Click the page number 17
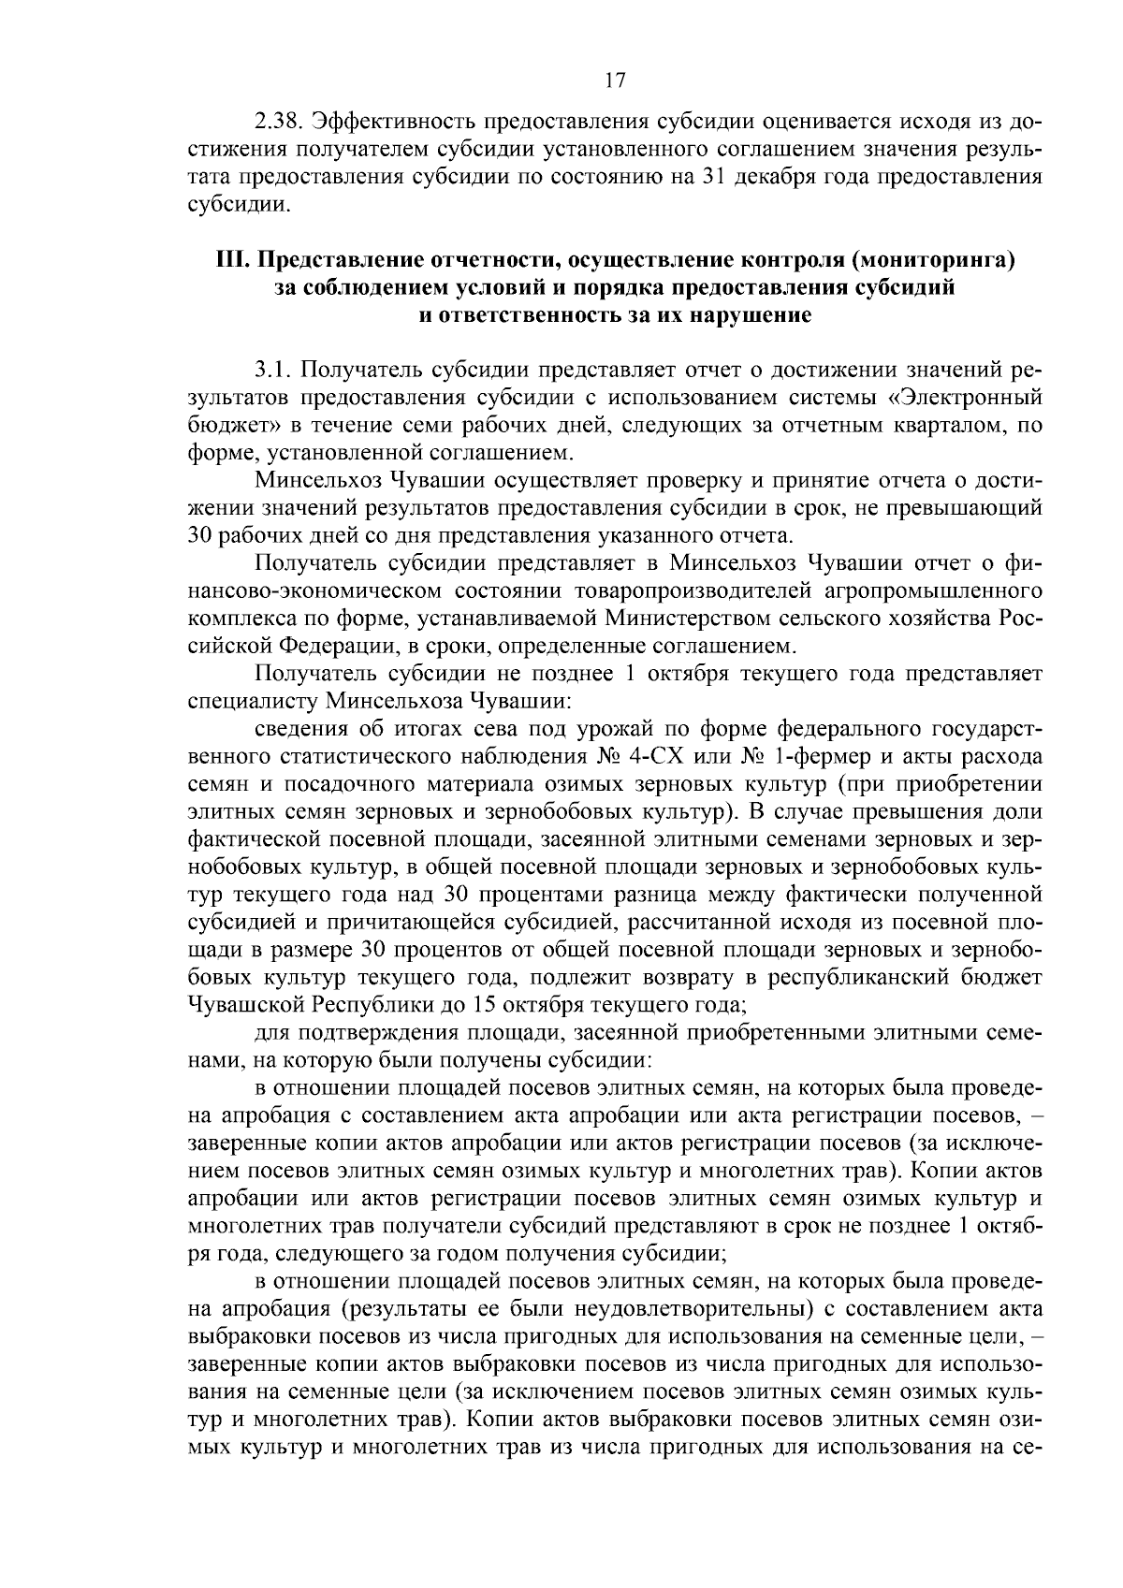click(x=614, y=80)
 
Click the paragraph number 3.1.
click(x=272, y=370)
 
